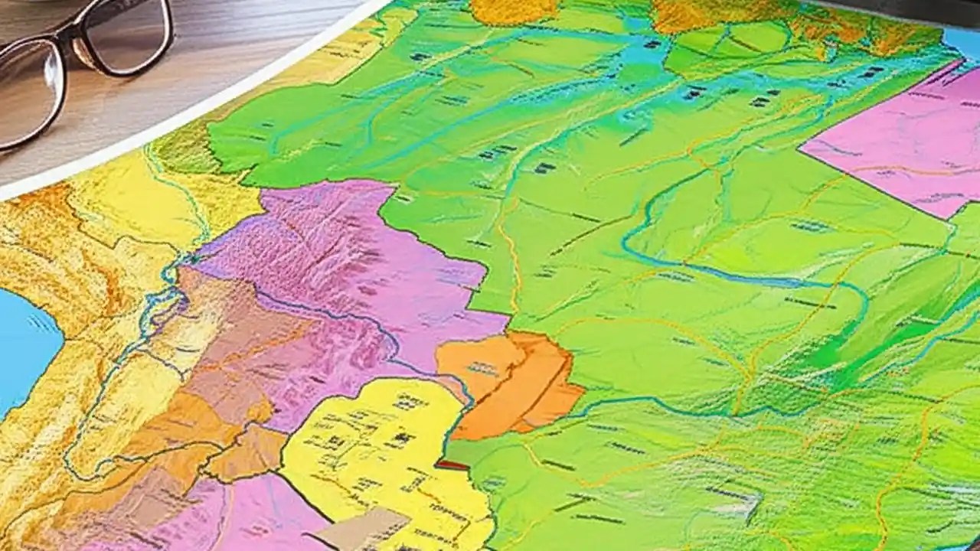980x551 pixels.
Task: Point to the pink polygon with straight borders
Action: pyautogui.click(x=896, y=138)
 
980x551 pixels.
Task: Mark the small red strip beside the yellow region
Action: pyautogui.click(x=452, y=465)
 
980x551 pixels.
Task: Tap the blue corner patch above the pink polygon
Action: pyautogui.click(x=962, y=42)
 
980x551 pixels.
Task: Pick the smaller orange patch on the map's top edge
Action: pyautogui.click(x=513, y=9)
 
